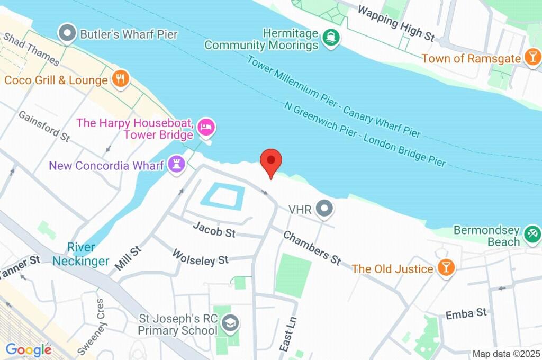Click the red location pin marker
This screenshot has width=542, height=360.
(271, 161)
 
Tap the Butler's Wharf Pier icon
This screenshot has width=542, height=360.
(68, 34)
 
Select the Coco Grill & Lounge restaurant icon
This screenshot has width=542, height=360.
(121, 80)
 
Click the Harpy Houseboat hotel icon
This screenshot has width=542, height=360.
(205, 127)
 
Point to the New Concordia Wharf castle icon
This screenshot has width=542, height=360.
(176, 165)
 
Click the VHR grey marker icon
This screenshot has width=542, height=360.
(324, 209)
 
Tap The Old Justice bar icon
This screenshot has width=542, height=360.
(445, 268)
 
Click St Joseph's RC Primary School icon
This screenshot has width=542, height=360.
(230, 323)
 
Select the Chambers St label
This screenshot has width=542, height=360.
(312, 247)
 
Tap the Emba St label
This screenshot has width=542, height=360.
(466, 313)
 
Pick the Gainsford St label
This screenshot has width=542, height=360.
(44, 126)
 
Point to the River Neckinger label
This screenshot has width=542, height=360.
(81, 254)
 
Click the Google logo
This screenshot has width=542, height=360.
(28, 349)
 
